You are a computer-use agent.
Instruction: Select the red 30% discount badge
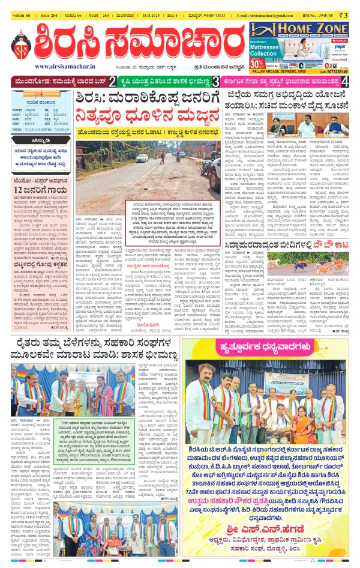coord(257,62)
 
